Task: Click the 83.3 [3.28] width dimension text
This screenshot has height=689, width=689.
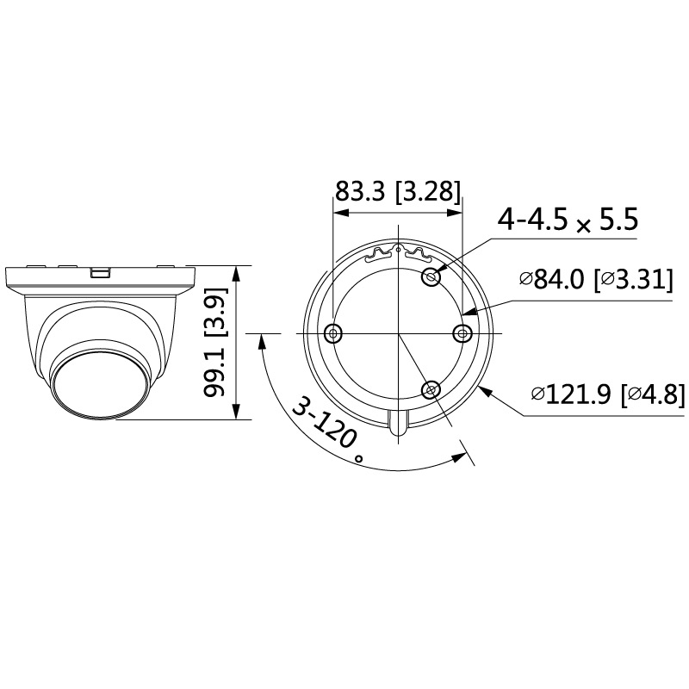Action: pyautogui.click(x=398, y=191)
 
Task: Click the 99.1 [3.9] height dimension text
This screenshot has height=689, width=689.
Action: pyautogui.click(x=216, y=343)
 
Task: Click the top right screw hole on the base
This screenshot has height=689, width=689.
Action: pyautogui.click(x=431, y=276)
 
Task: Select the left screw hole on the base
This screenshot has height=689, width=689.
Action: pyautogui.click(x=333, y=333)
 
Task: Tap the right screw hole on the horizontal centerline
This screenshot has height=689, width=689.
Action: pyautogui.click(x=462, y=333)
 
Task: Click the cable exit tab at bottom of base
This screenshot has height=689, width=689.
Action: pyautogui.click(x=399, y=424)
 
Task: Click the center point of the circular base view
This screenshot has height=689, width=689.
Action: pyautogui.click(x=399, y=333)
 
